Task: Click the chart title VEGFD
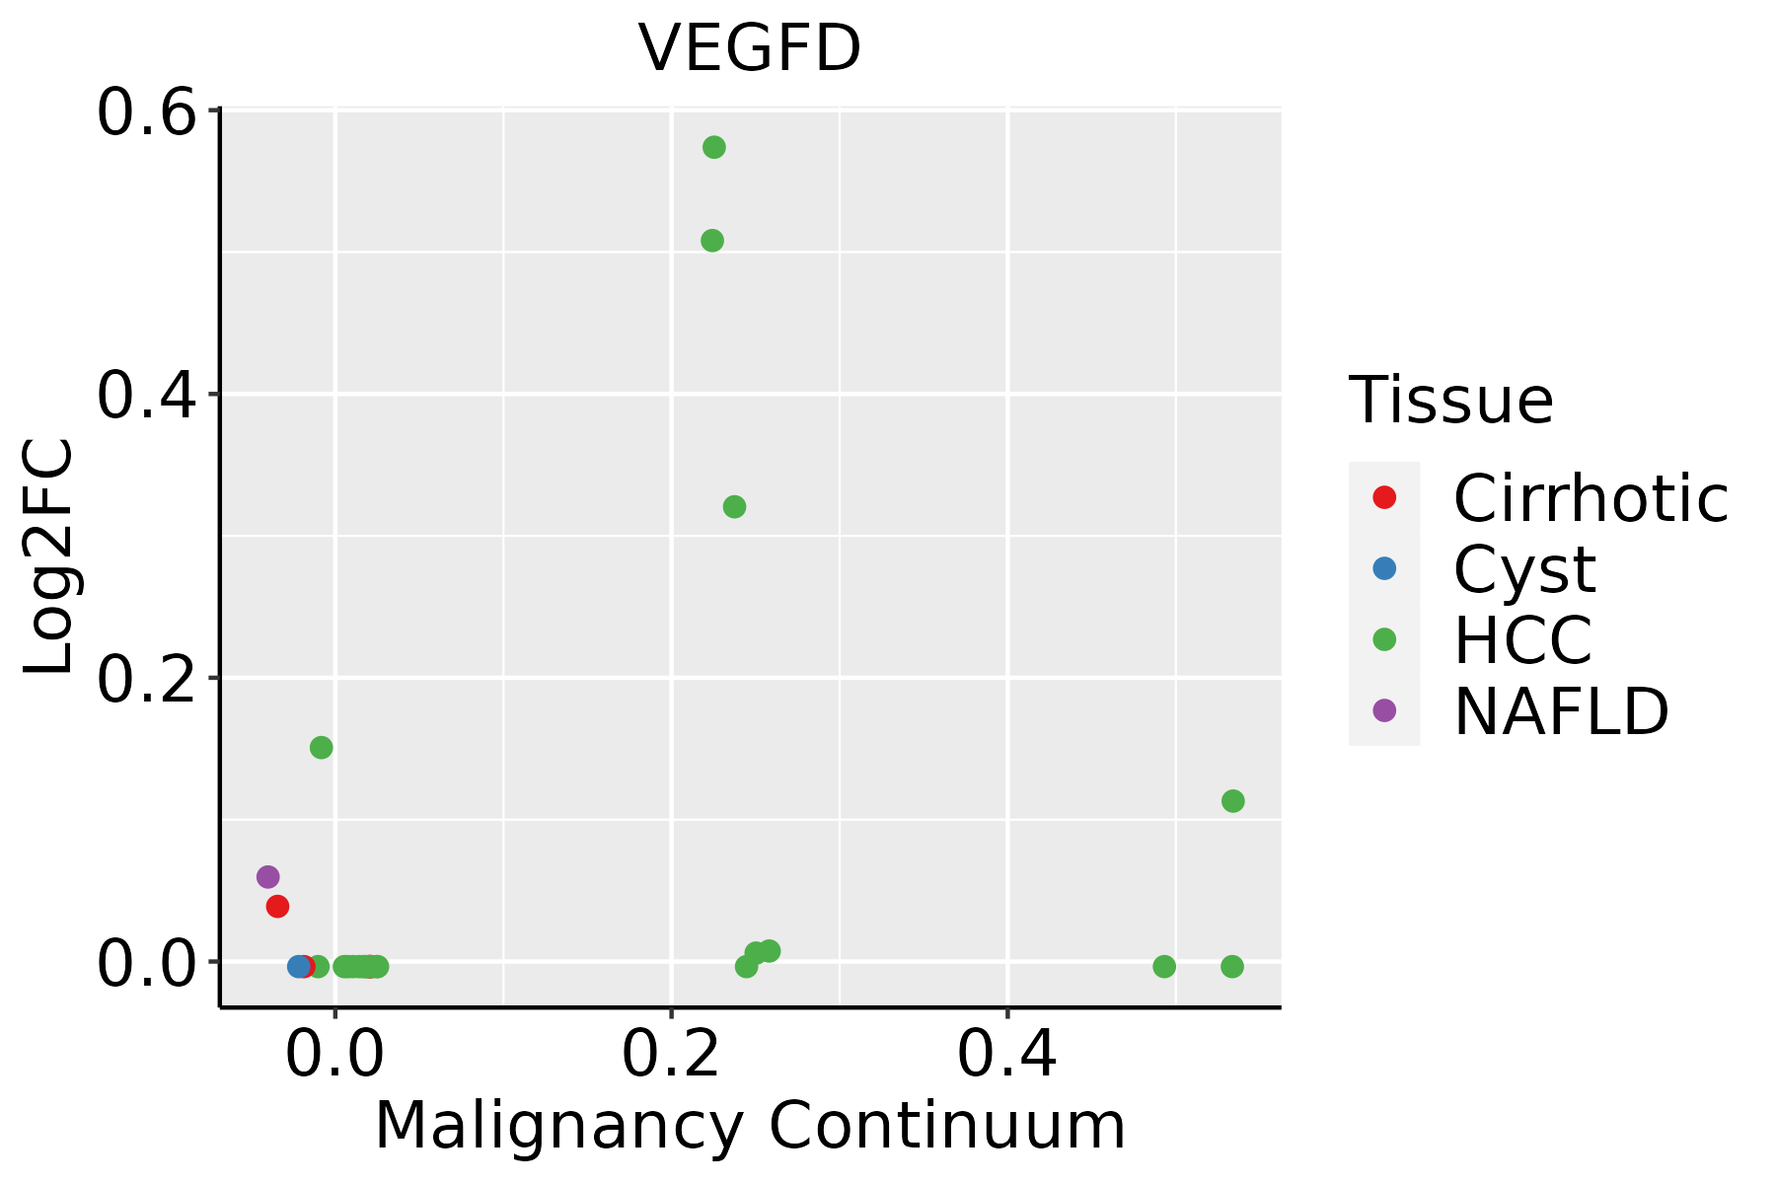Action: point(750,48)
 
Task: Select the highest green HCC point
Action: point(714,148)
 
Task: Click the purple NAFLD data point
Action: point(267,877)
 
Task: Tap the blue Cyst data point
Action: point(299,967)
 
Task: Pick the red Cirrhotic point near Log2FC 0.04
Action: point(277,906)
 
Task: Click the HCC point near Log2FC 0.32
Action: point(734,507)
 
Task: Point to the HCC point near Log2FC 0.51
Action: point(712,241)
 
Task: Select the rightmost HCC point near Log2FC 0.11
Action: point(1233,801)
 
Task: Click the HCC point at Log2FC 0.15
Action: point(322,748)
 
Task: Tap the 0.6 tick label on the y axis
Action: point(145,113)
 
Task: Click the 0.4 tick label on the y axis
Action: point(145,397)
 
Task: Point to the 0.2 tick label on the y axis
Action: point(145,680)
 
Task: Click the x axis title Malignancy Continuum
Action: point(750,1126)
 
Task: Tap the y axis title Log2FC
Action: point(49,557)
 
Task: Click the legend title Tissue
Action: point(1451,401)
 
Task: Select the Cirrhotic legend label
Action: point(1591,498)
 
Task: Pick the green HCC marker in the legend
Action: point(1384,639)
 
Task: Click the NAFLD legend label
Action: point(1561,711)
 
